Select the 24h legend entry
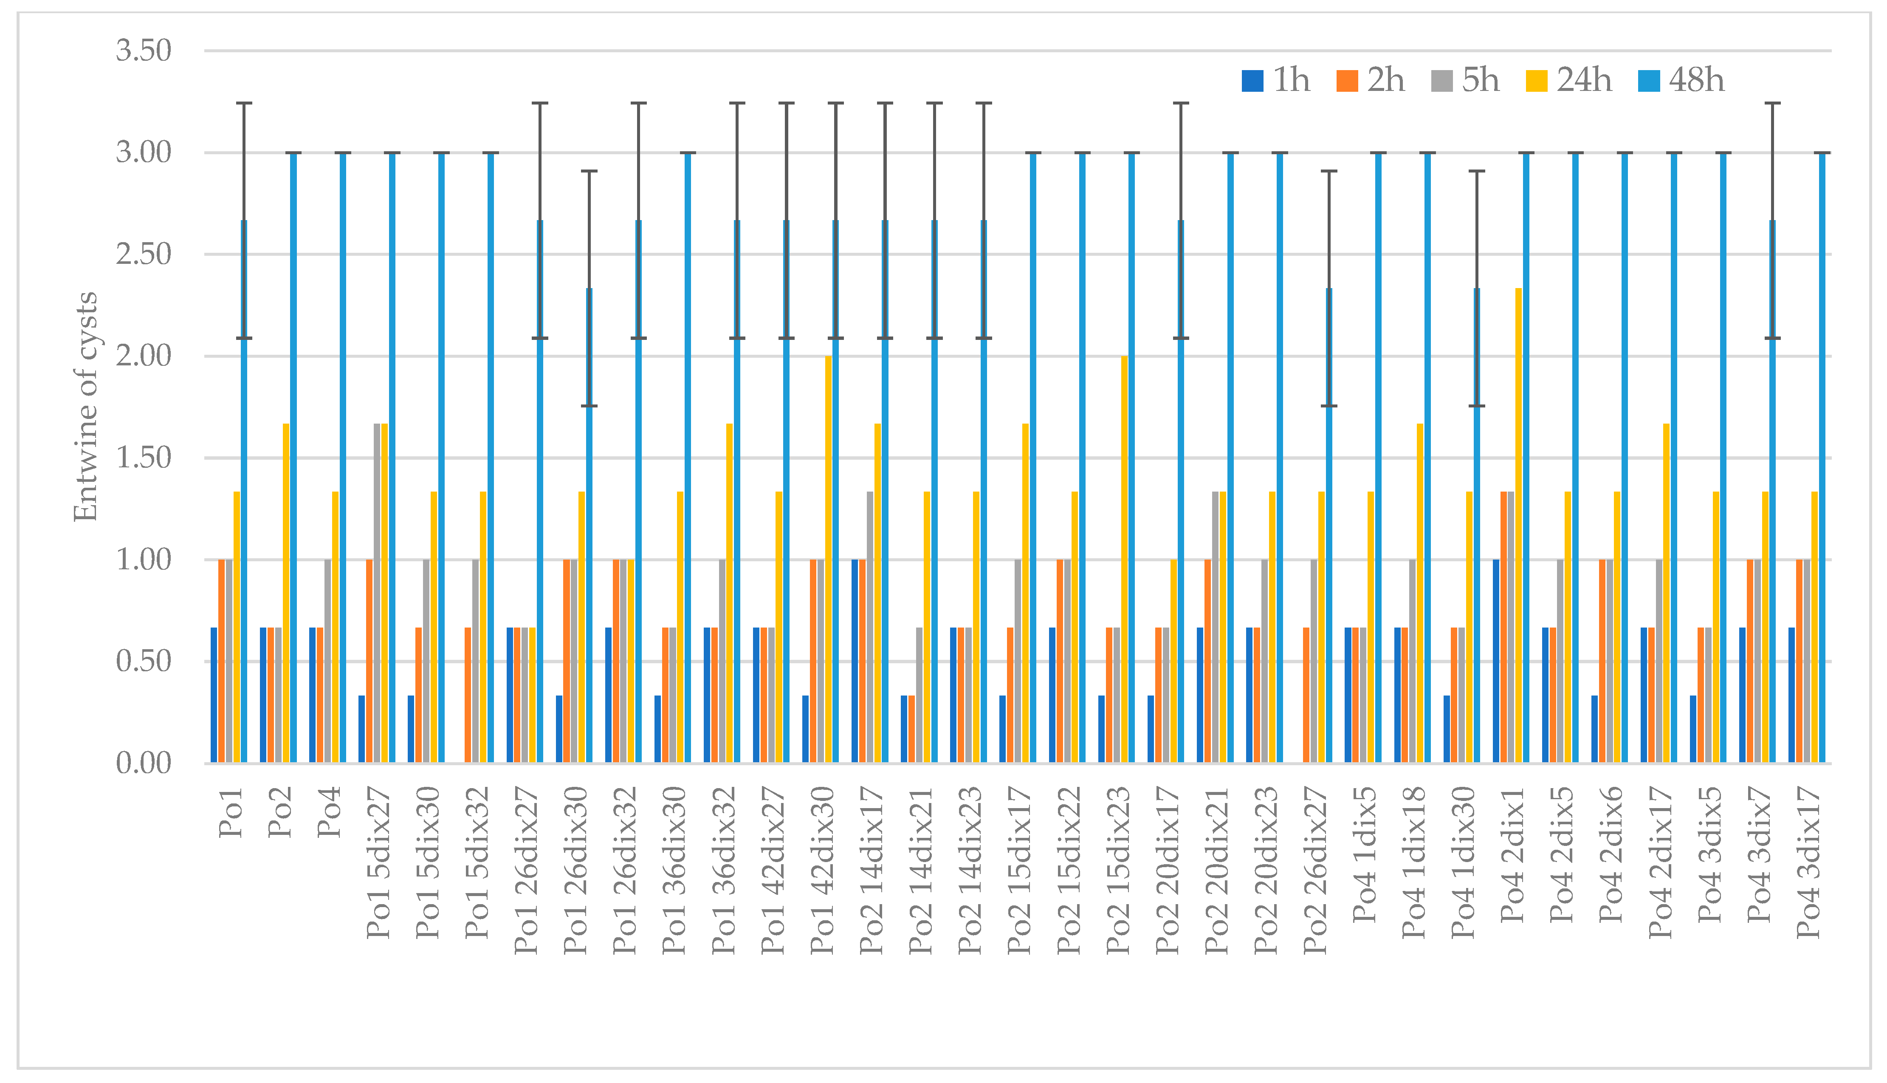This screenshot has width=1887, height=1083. (x=1569, y=80)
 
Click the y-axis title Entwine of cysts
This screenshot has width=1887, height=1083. (x=85, y=407)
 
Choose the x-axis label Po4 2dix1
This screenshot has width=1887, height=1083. (x=1513, y=855)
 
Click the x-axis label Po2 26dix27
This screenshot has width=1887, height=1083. (x=1315, y=870)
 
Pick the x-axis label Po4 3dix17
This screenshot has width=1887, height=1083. (x=1808, y=863)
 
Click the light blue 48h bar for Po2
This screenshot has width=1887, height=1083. (x=293, y=458)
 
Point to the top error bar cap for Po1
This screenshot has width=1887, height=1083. (x=244, y=103)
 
